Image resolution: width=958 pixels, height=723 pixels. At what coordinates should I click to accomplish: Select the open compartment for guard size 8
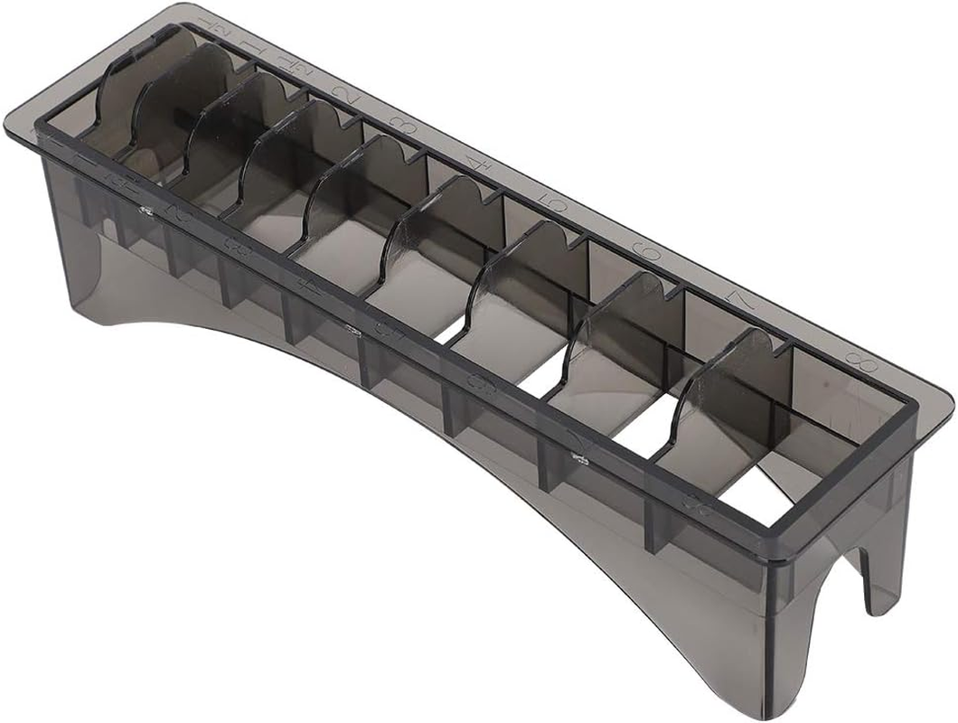point(795,434)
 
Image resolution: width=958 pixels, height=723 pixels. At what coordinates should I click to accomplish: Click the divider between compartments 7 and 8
point(723,398)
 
